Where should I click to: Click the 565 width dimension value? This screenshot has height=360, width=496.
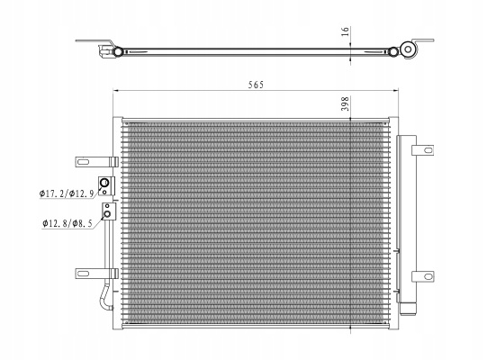tap(256, 85)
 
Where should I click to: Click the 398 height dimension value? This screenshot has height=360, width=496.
tap(345, 103)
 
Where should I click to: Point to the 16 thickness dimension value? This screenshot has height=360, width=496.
tap(346, 31)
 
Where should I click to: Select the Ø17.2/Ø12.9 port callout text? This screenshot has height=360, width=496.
tap(67, 193)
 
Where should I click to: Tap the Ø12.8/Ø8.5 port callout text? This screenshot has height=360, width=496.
tap(68, 224)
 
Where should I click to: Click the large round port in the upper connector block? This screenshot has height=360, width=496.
tap(104, 183)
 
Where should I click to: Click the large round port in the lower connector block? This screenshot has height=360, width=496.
tap(107, 214)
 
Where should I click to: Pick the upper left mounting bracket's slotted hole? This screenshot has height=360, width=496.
tap(83, 162)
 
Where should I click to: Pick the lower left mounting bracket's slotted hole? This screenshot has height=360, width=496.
tap(83, 274)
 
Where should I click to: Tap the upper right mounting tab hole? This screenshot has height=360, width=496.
tap(428, 150)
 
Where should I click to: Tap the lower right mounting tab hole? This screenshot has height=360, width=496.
tap(428, 276)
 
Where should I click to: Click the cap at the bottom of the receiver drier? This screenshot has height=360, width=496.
tap(408, 309)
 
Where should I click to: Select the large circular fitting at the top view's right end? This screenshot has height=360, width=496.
tap(408, 49)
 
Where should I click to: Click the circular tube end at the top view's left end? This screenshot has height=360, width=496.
tap(118, 52)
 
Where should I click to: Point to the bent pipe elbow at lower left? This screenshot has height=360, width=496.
tap(105, 297)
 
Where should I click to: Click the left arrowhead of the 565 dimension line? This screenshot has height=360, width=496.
tap(115, 91)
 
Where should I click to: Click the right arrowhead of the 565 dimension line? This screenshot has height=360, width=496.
tap(396, 91)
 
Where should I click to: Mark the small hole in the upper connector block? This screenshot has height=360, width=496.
tap(104, 192)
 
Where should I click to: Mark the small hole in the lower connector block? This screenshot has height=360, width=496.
tap(107, 206)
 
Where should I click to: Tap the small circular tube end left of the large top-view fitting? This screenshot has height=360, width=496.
tap(393, 52)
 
